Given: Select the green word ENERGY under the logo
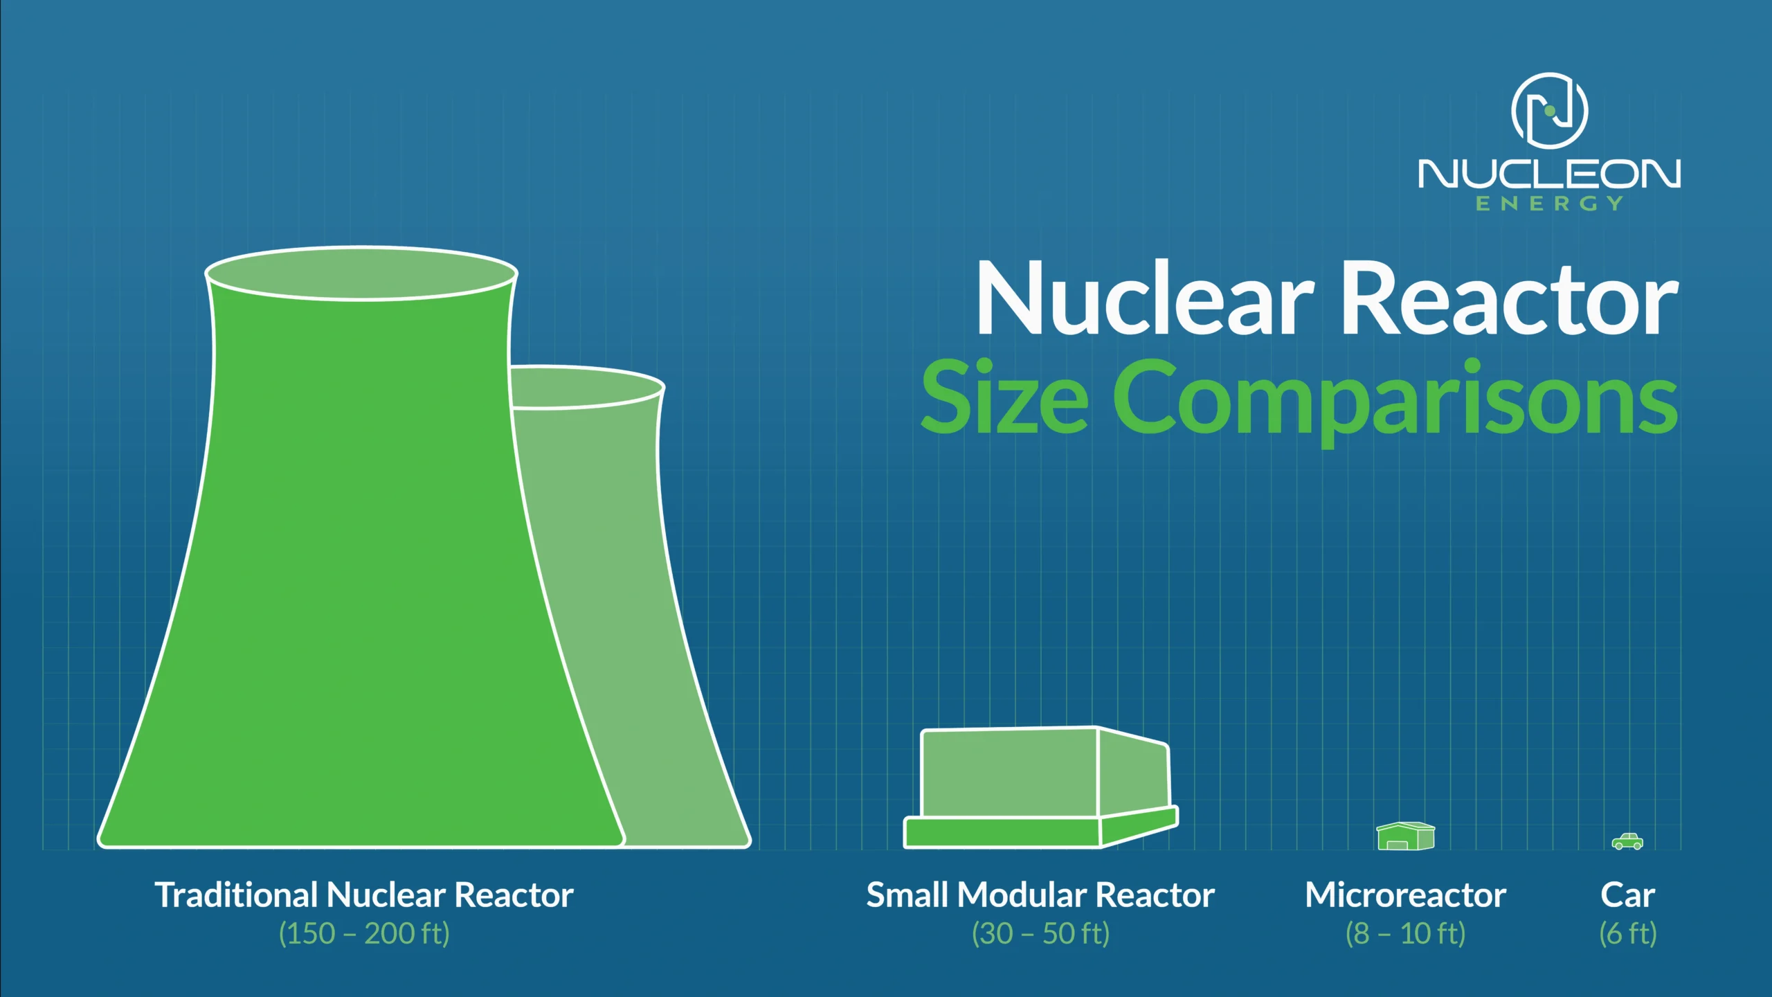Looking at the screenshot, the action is pyautogui.click(x=1549, y=204).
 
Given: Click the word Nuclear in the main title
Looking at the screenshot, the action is pyautogui.click(x=1145, y=298).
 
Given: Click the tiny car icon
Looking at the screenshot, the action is pyautogui.click(x=1627, y=841).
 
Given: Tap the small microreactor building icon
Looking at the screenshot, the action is pyautogui.click(x=1406, y=836).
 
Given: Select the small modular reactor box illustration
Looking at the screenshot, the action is pyautogui.click(x=1041, y=787).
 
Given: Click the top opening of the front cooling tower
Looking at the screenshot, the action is pyautogui.click(x=361, y=273).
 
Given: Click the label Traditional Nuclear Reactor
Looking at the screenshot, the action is pyautogui.click(x=364, y=895).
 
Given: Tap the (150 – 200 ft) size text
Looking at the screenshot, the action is pyautogui.click(x=364, y=933).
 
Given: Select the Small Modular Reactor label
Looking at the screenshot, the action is pyautogui.click(x=1040, y=895).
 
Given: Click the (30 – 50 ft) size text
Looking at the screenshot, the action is pyautogui.click(x=1040, y=933).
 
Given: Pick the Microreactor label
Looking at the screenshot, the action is pyautogui.click(x=1406, y=895).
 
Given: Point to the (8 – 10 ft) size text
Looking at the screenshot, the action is pyautogui.click(x=1406, y=933).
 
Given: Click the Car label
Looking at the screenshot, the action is pyautogui.click(x=1628, y=895).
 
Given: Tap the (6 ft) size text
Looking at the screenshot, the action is pyautogui.click(x=1628, y=933).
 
